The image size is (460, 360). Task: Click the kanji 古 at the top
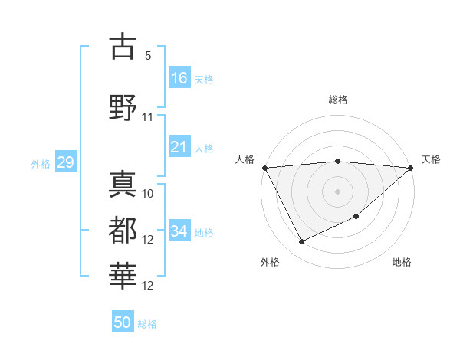123,47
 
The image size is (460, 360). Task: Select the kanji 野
123,106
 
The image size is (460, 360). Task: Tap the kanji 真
123,184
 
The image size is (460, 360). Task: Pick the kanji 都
123,229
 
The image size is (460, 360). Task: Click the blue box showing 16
179,78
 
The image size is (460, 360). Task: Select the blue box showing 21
179,147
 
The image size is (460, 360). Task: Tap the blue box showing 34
179,231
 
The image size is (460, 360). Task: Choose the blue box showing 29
65,162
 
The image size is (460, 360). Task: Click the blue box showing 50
123,322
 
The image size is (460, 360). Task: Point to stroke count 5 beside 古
147,56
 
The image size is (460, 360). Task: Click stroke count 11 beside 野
148,117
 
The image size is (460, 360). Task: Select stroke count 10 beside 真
148,193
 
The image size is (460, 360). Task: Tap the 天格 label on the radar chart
431,159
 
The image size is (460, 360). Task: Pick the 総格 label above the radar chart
338,100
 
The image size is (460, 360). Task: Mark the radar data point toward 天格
411,167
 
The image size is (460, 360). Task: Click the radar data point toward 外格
301,242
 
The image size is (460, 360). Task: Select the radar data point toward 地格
356,217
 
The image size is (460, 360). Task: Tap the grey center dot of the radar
338,191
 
